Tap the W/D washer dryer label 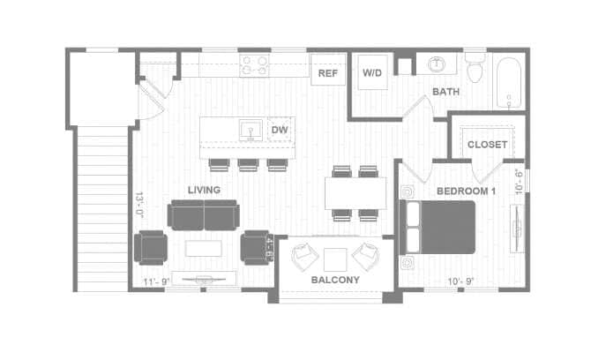[x=371, y=74]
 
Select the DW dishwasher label [x=280, y=131]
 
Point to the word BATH [x=446, y=92]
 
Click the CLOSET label [x=487, y=144]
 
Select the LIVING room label [x=204, y=190]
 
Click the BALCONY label [x=335, y=280]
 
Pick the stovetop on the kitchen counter [x=256, y=64]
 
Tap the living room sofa [x=204, y=214]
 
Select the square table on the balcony [x=335, y=259]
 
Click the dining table [x=355, y=194]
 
